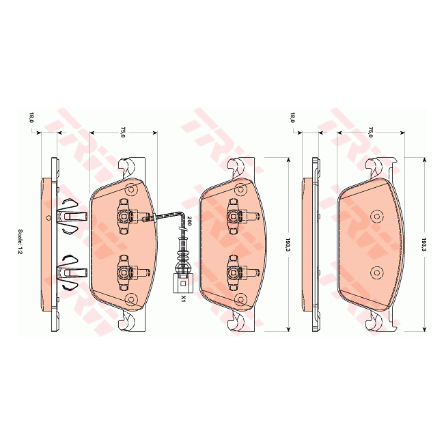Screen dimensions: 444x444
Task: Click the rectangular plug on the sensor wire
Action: point(181,282)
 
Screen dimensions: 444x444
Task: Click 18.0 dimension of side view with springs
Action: point(31,117)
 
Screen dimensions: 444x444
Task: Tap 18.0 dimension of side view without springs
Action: point(292,117)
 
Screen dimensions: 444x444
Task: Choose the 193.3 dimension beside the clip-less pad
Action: point(424,245)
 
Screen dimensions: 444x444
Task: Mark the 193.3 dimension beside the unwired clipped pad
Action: point(286,245)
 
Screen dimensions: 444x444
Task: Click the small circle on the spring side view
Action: point(47,218)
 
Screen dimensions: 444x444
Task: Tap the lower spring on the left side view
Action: point(71,272)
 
